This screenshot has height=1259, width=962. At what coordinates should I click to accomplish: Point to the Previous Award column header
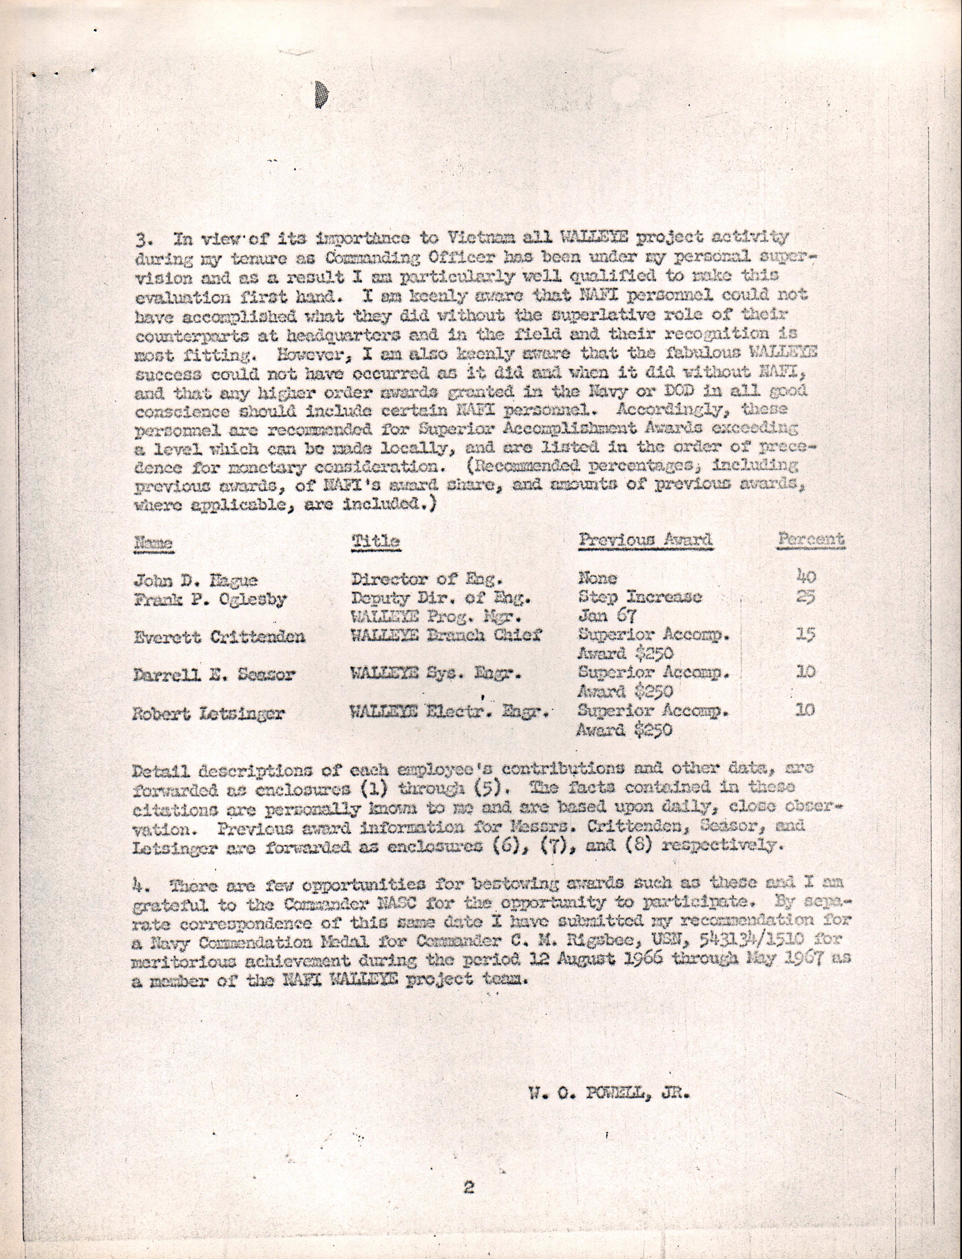click(x=645, y=540)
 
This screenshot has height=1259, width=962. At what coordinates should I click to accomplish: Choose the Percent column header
click(x=810, y=539)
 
